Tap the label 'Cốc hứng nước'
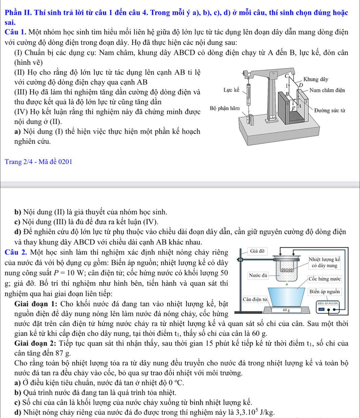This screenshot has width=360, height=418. pos(327,279)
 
